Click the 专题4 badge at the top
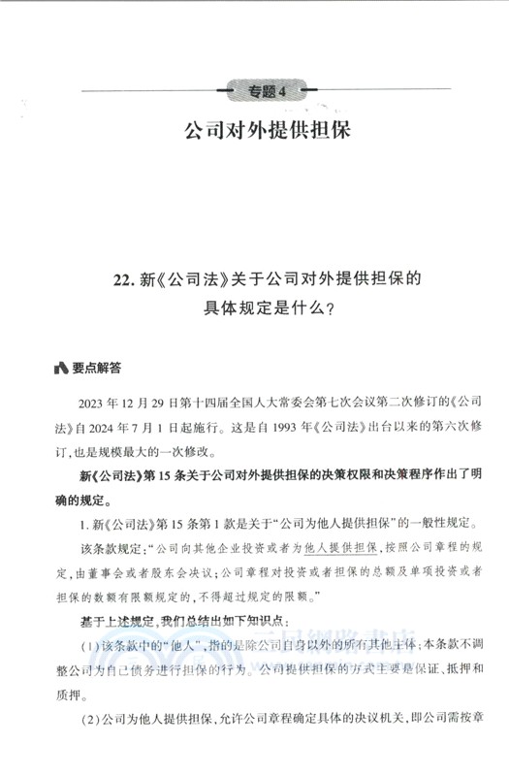click(255, 92)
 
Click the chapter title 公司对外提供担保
click(254, 131)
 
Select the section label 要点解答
click(97, 369)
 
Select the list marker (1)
click(88, 643)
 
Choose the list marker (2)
click(88, 723)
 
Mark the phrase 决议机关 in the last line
click(356, 723)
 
